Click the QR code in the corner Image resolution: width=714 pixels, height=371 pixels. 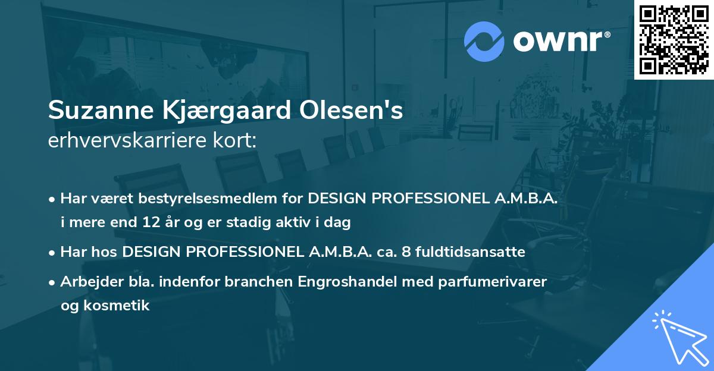(x=674, y=40)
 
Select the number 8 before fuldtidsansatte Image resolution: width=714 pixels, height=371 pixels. (x=406, y=252)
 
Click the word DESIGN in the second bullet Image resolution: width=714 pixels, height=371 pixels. (x=152, y=252)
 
